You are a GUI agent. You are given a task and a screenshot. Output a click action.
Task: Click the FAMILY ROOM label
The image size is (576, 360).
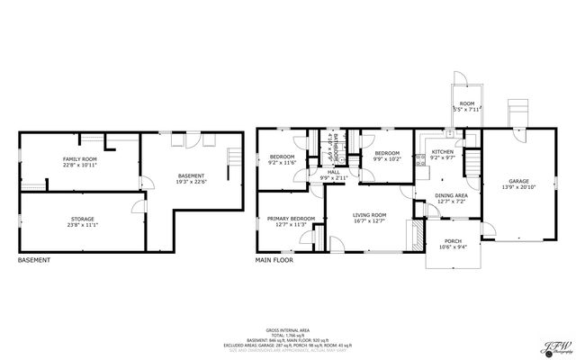point(80,158)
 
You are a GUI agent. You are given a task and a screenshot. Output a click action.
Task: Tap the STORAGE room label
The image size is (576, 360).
point(82,219)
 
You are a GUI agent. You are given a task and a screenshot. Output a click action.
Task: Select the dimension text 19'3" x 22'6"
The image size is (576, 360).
point(191,181)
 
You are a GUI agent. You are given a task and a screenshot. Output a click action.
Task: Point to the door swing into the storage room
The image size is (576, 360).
point(136,209)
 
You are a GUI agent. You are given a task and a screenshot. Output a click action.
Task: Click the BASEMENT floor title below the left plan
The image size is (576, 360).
point(34,261)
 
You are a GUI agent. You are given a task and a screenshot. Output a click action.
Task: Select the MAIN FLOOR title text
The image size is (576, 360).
point(274,261)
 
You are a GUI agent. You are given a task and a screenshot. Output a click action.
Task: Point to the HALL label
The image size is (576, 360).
point(332,171)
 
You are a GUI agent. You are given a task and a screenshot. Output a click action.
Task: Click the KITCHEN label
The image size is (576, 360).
point(442,151)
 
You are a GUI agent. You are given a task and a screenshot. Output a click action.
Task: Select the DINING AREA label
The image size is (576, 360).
point(450,195)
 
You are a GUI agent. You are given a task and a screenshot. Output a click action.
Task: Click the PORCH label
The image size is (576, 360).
point(451,240)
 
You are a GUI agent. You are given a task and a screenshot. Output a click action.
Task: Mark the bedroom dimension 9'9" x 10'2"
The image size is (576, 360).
point(387,159)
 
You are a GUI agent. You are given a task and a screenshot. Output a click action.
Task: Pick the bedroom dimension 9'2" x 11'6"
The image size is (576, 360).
point(282,163)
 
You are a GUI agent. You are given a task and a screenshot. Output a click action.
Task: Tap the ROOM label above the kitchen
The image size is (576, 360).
point(466,103)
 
